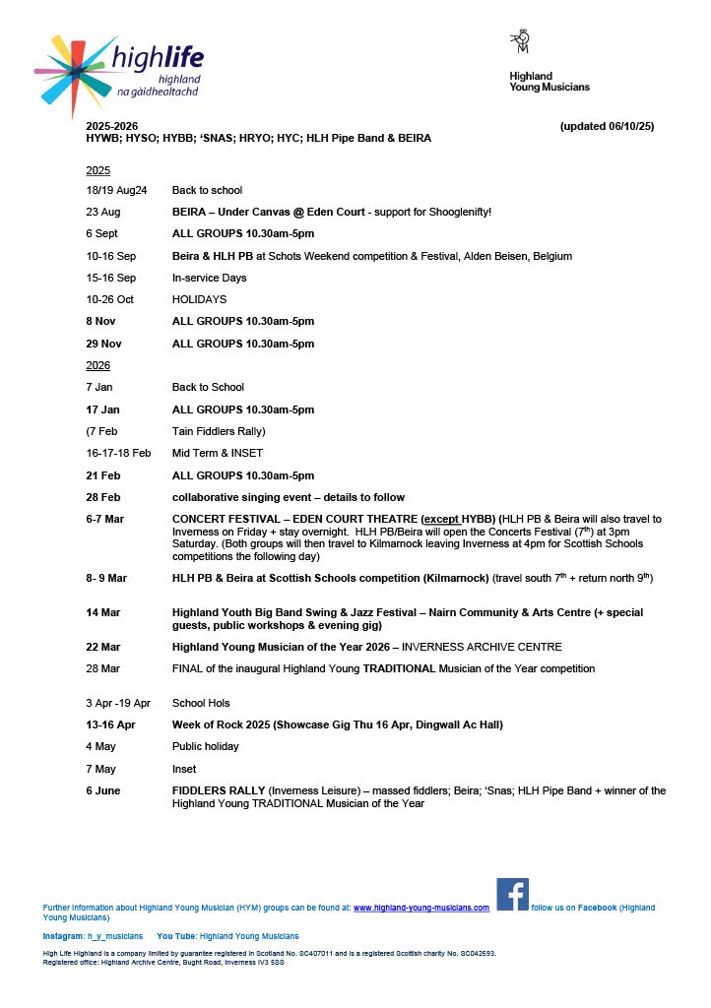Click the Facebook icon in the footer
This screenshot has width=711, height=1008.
tap(512, 895)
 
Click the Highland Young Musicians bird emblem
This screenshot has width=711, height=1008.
tap(519, 41)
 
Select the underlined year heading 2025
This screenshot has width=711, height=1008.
tap(98, 170)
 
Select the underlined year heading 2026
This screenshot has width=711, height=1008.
tap(98, 365)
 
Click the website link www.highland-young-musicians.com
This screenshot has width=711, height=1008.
tap(421, 908)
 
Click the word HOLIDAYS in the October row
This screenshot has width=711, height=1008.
tap(199, 299)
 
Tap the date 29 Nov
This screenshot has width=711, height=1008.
tap(103, 344)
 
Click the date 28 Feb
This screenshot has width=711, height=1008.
tap(103, 497)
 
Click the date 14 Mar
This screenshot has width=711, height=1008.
tap(103, 612)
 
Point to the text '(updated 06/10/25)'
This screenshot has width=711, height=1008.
tap(607, 127)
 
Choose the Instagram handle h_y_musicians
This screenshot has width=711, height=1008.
tap(115, 936)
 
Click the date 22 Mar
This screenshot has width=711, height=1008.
tap(103, 647)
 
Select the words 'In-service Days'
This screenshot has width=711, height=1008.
tap(209, 278)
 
